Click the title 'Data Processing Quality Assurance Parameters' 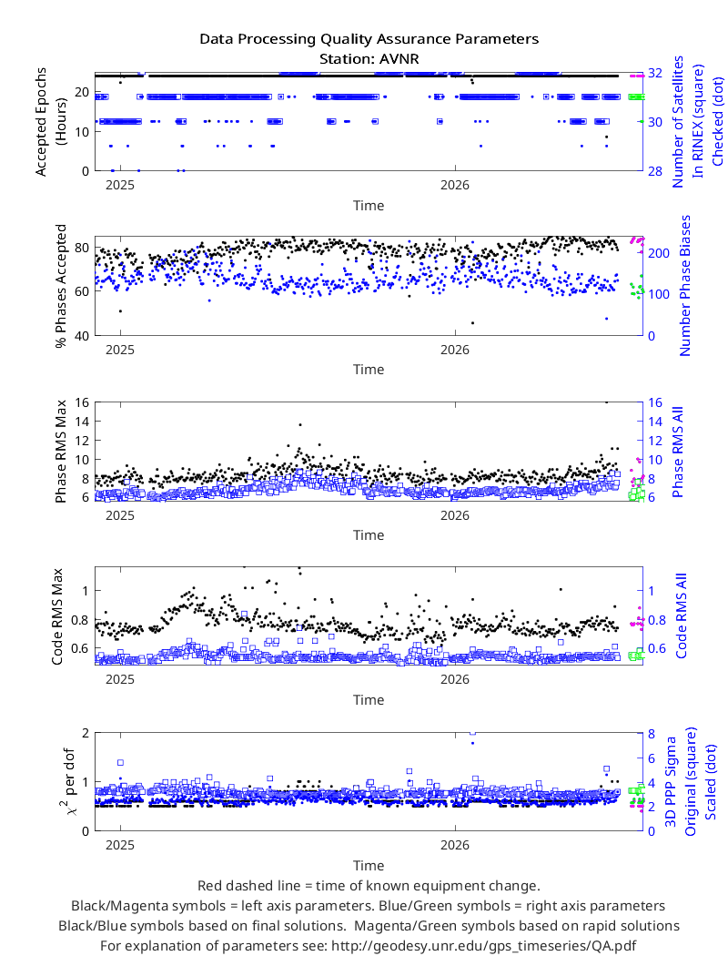click(369, 39)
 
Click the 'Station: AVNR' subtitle click(369, 59)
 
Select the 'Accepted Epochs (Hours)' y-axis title click(50, 122)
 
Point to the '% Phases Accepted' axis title click(60, 286)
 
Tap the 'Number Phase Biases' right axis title click(685, 285)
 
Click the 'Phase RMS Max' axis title click(60, 452)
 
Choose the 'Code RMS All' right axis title click(682, 615)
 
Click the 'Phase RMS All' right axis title click(678, 452)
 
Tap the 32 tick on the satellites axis click(655, 73)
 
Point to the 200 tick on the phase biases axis click(659, 253)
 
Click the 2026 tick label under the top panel click(455, 185)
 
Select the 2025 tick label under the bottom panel click(120, 845)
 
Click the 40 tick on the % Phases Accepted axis click(82, 335)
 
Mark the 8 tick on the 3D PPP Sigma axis click(652, 734)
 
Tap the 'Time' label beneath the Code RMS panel click(369, 700)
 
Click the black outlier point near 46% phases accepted click(472, 322)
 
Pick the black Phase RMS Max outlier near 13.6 click(299, 424)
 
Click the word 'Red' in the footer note click(209, 886)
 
